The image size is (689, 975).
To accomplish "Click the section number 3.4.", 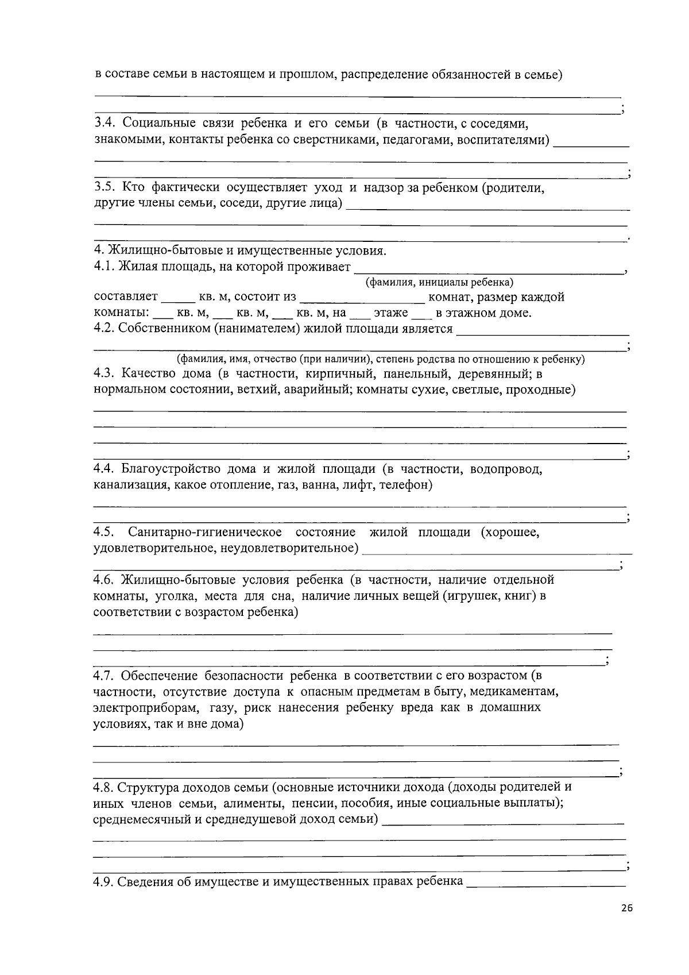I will (x=105, y=124).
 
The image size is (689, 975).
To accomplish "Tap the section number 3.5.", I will (x=105, y=187).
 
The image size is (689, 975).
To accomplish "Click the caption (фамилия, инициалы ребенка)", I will (x=440, y=282).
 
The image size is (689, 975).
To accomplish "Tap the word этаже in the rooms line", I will (x=390, y=313).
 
